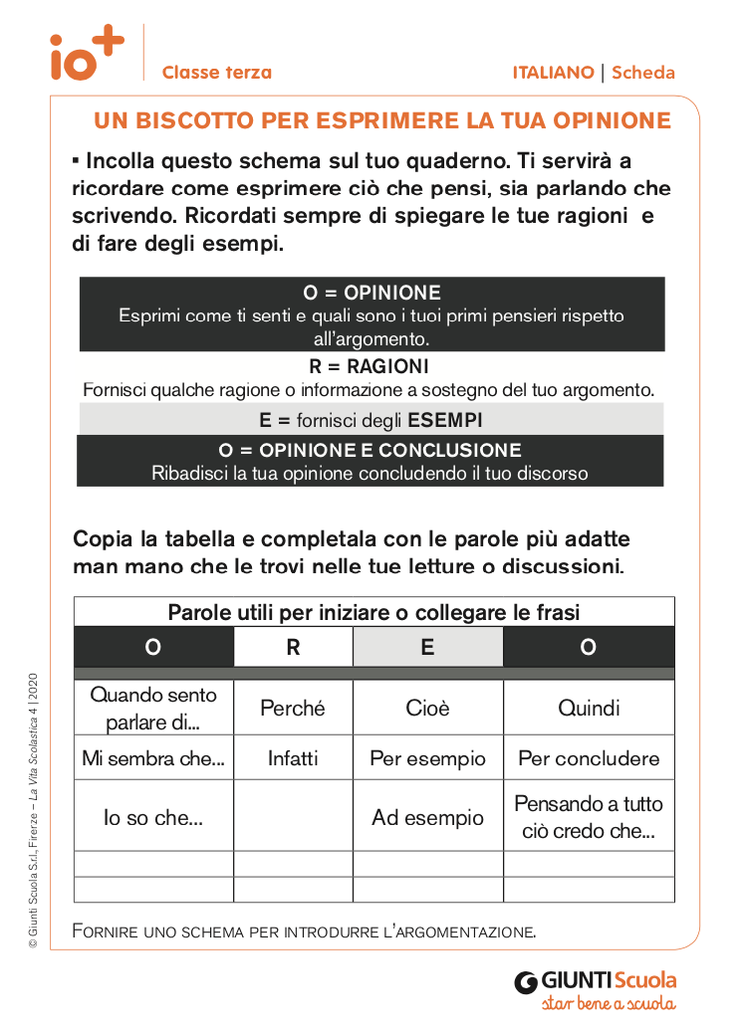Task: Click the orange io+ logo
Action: tap(88, 54)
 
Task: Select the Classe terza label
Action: tap(216, 73)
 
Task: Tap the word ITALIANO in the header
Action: tap(553, 73)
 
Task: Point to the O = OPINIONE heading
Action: tap(372, 293)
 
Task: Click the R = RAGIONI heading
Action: tap(370, 366)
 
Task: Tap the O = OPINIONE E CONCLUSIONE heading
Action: tap(370, 450)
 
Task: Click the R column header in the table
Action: tap(293, 647)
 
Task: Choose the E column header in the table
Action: tap(427, 647)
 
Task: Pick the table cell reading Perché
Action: tap(293, 709)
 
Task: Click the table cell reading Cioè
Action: tap(427, 709)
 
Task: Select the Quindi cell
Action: tap(589, 709)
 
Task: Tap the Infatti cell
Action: tap(293, 758)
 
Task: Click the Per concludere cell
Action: tap(589, 758)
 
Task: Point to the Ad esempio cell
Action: tap(427, 818)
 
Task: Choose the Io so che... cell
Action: tap(153, 818)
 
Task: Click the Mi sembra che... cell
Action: tap(153, 758)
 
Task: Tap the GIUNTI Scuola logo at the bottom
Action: tap(596, 989)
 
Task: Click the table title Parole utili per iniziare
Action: tap(373, 612)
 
